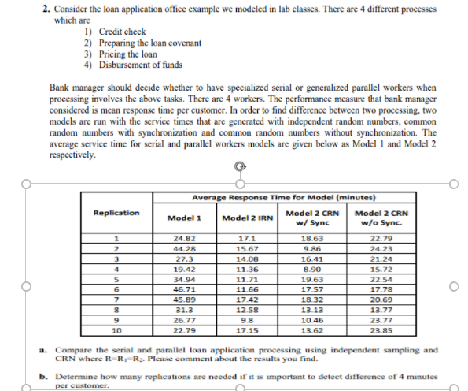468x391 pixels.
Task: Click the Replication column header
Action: [x=116, y=213]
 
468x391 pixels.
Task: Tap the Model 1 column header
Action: [x=186, y=218]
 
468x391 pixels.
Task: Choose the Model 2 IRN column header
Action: [x=246, y=218]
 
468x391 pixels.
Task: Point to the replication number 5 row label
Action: [x=116, y=279]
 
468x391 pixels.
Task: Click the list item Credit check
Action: [x=119, y=31]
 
